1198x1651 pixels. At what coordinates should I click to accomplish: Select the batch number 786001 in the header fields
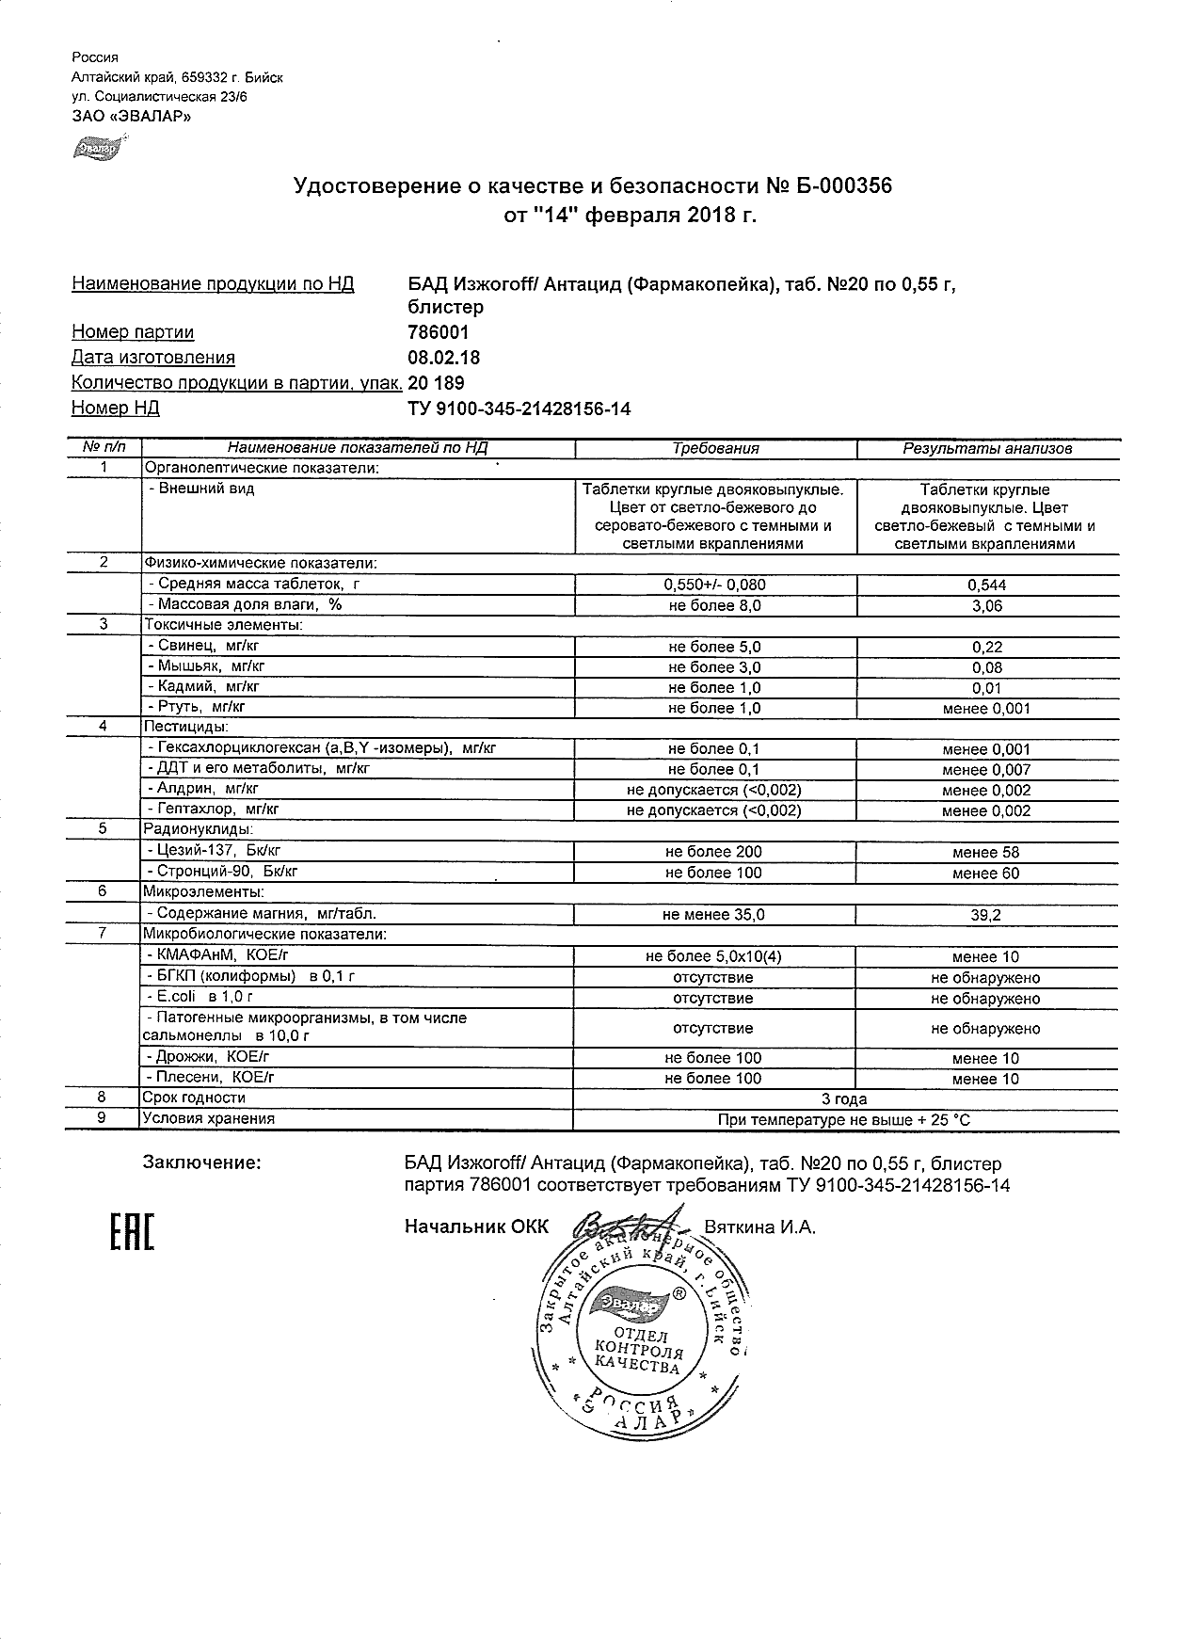pyautogui.click(x=438, y=332)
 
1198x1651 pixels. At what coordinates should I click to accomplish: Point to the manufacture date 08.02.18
pyautogui.click(x=443, y=358)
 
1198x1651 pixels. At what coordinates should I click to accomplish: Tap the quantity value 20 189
pyautogui.click(x=436, y=383)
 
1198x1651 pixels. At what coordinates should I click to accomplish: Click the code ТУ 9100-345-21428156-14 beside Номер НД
pyautogui.click(x=519, y=409)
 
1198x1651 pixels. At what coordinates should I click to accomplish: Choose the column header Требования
pyautogui.click(x=715, y=449)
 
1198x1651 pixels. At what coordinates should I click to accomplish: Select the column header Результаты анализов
pyautogui.click(x=987, y=449)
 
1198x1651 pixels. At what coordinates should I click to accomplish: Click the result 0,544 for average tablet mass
pyautogui.click(x=986, y=585)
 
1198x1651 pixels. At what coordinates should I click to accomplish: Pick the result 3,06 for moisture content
pyautogui.click(x=986, y=606)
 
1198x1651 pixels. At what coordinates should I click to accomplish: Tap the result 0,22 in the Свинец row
pyautogui.click(x=986, y=648)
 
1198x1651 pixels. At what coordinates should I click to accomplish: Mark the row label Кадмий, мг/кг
pyautogui.click(x=203, y=687)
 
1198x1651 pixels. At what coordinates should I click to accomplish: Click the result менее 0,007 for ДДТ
pyautogui.click(x=986, y=770)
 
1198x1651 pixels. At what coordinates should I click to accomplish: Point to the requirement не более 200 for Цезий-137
pyautogui.click(x=713, y=852)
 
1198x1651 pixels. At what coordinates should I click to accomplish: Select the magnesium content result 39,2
pyautogui.click(x=986, y=914)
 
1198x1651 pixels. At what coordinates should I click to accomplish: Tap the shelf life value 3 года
pyautogui.click(x=844, y=1098)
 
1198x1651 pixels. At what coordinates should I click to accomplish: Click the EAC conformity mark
pyautogui.click(x=132, y=1233)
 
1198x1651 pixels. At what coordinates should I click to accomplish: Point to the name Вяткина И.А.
pyautogui.click(x=759, y=1226)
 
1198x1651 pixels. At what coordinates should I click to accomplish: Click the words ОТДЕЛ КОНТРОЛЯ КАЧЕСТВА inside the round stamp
pyautogui.click(x=639, y=1352)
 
